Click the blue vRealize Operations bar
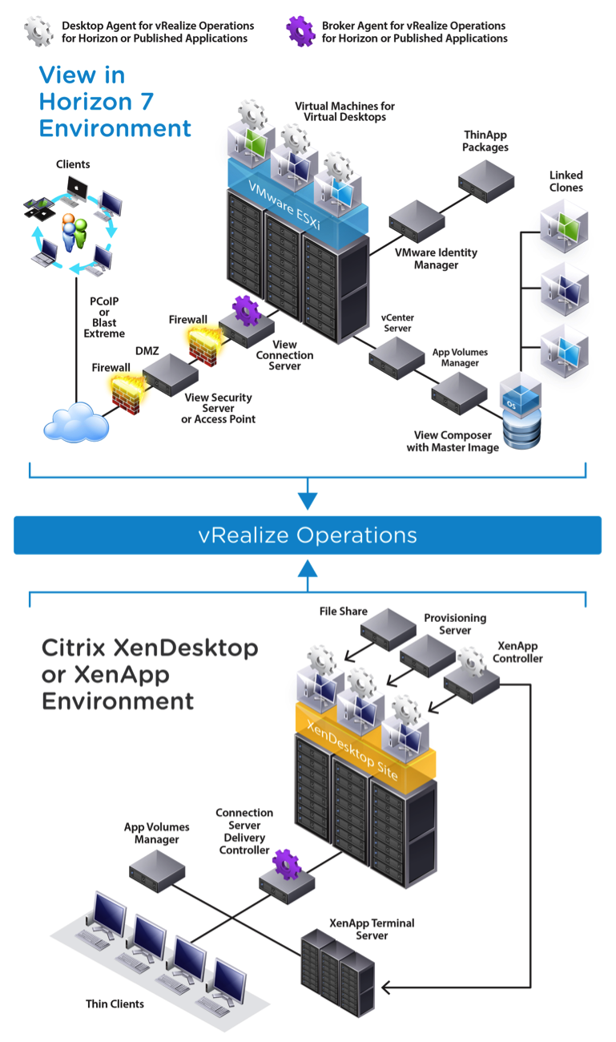(308, 535)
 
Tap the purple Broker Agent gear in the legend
(300, 30)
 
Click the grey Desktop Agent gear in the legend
(39, 30)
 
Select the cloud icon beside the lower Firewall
(76, 423)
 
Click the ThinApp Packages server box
(486, 179)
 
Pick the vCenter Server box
(394, 353)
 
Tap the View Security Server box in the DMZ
(171, 374)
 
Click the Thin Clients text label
(115, 1004)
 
